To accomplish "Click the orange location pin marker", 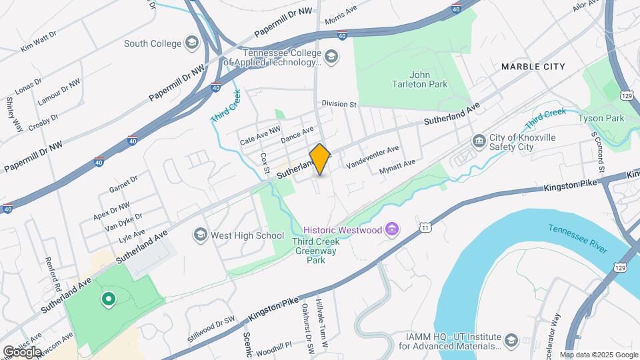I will pos(320,159).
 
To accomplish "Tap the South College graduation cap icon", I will pos(193,44).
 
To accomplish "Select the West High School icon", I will pos(200,235).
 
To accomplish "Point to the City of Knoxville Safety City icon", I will pos(479,141).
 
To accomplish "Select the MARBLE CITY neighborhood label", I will pos(533,67).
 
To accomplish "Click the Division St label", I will pos(339,104).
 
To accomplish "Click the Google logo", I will pos(22,351).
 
